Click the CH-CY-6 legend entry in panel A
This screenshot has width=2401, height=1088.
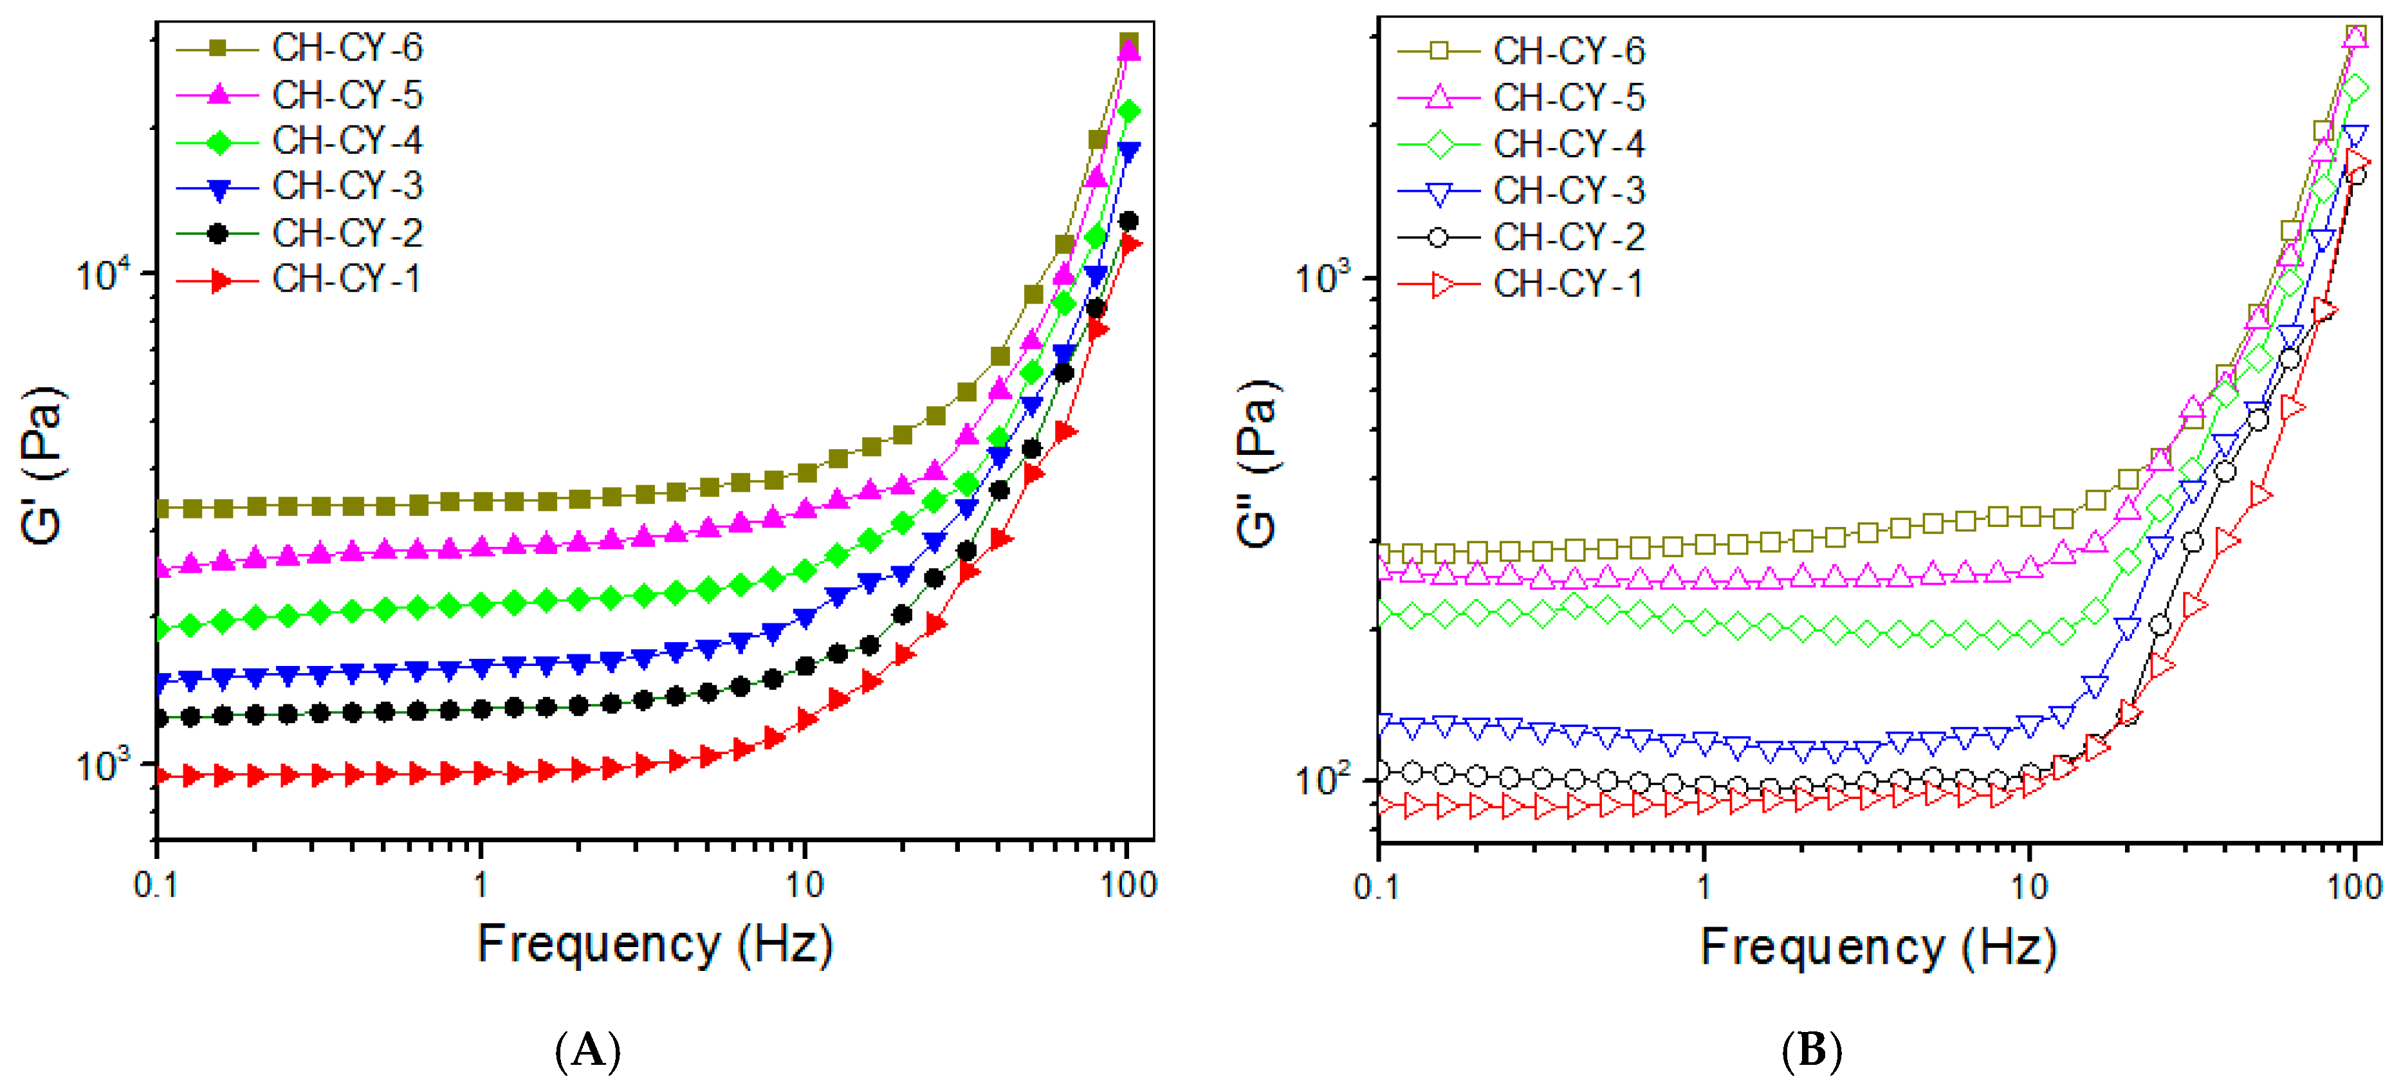coord(300,48)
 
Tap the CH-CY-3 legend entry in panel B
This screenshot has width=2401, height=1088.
coord(1521,191)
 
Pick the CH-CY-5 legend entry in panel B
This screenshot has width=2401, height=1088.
coord(1521,98)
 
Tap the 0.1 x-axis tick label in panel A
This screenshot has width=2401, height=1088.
coord(156,885)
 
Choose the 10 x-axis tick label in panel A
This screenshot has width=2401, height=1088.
coord(804,885)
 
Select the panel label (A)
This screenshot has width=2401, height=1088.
coord(587,1051)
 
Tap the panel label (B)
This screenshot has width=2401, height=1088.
coord(1811,1051)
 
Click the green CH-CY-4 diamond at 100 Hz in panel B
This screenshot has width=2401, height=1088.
coord(2355,89)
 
